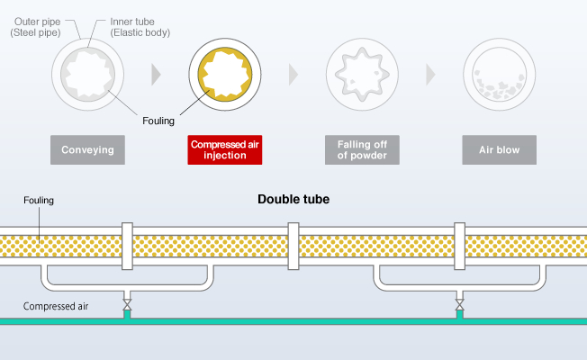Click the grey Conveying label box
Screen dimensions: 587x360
point(87,149)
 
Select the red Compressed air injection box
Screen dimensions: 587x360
point(224,149)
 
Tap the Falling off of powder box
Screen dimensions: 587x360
point(362,149)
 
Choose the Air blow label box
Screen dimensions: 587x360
point(499,149)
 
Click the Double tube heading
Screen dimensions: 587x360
point(293,199)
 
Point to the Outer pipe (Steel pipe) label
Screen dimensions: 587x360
point(36,27)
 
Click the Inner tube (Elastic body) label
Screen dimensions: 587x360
point(140,27)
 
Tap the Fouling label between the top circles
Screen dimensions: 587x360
point(158,121)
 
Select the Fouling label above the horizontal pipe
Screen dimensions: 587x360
point(39,200)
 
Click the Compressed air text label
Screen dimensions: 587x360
point(56,306)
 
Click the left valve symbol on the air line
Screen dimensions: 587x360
point(127,304)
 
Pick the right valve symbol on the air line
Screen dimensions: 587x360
point(460,304)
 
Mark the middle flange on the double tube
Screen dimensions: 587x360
point(293,246)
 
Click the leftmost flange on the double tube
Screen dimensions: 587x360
point(127,246)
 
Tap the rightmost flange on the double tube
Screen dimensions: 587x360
point(460,246)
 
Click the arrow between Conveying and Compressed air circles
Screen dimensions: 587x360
point(156,75)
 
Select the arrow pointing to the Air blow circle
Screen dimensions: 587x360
point(430,75)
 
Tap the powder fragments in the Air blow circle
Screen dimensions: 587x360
point(498,90)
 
